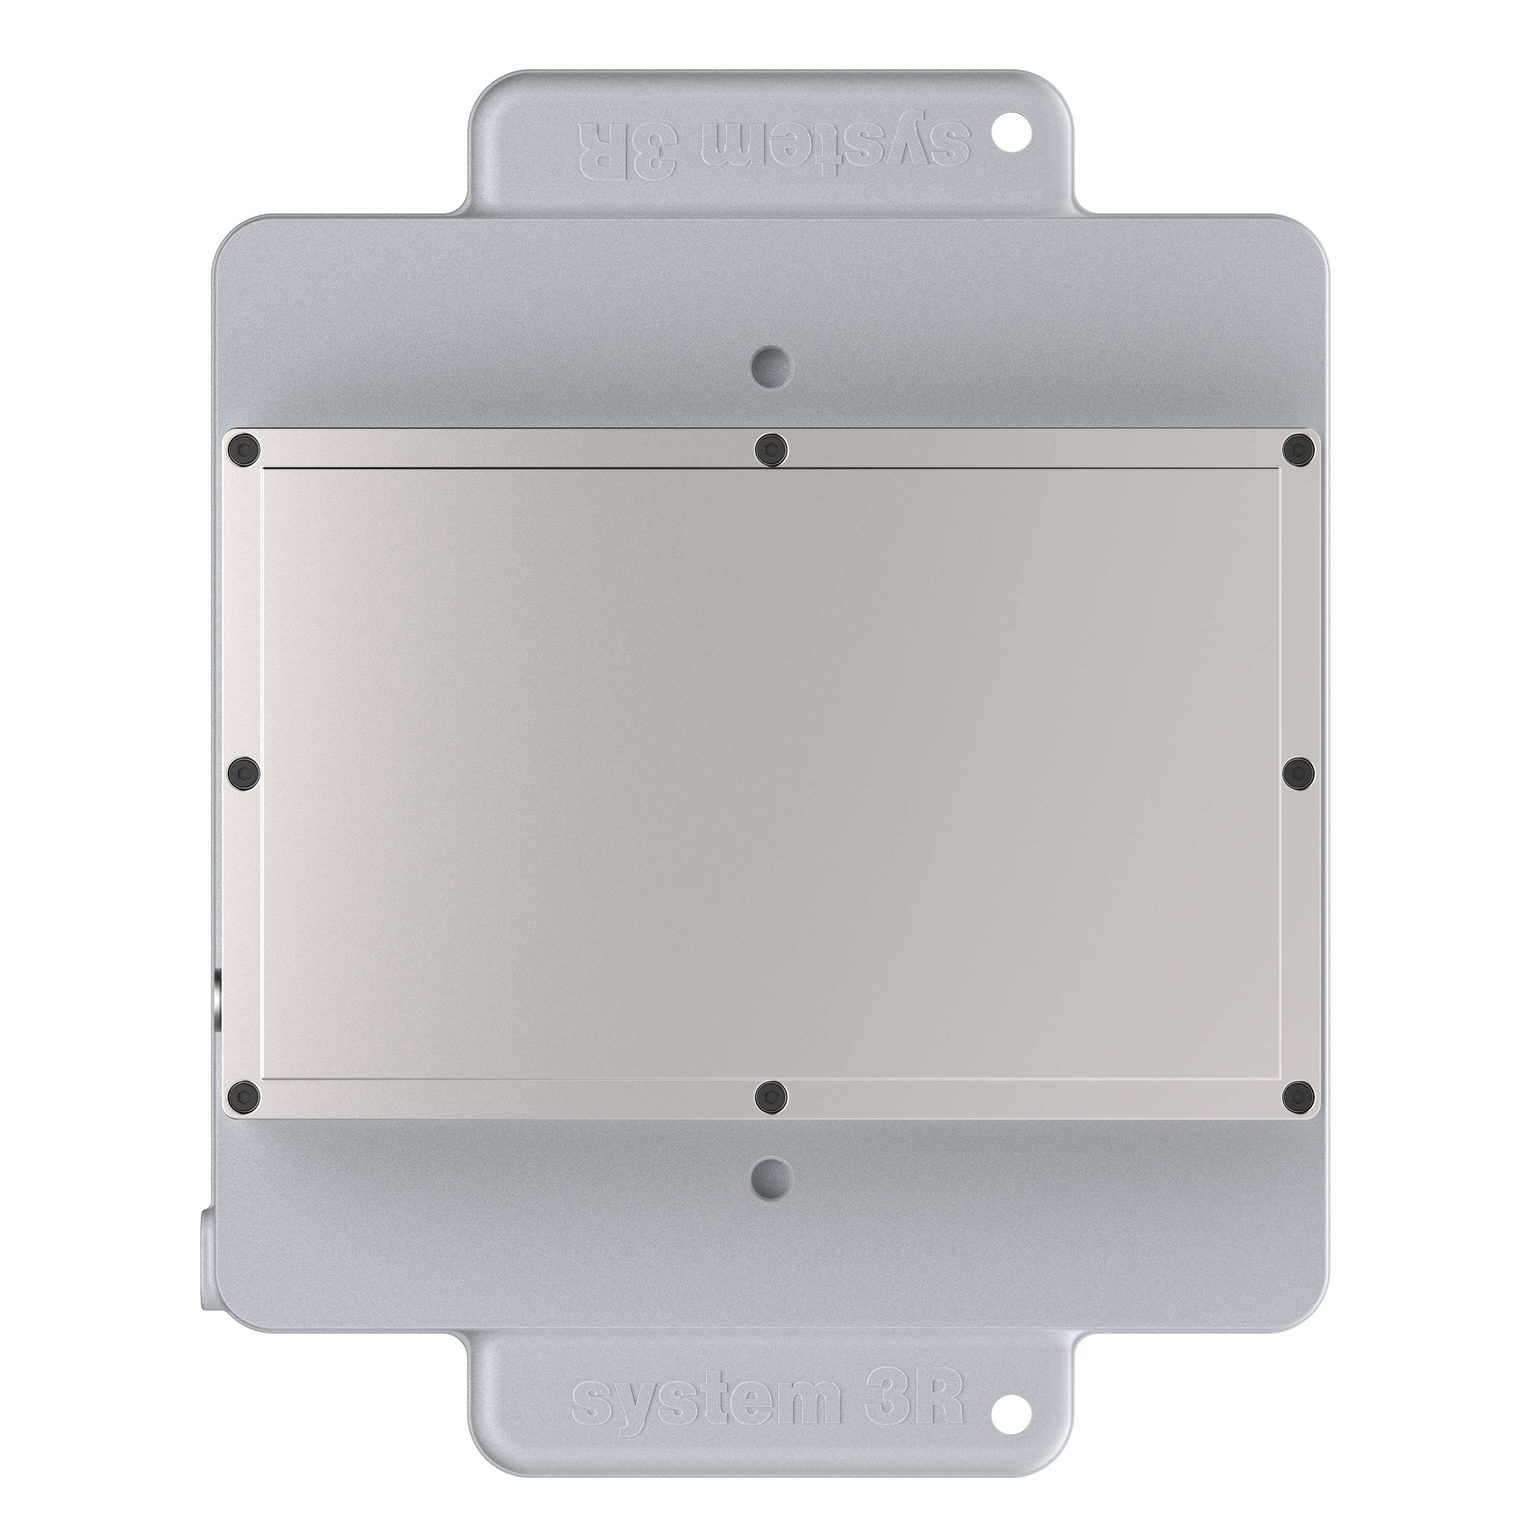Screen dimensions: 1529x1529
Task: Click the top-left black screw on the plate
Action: point(243,450)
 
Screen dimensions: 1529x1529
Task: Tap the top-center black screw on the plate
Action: point(772,450)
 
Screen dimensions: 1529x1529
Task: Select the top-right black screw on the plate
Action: point(1299,450)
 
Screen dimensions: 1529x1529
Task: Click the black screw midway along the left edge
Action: point(243,770)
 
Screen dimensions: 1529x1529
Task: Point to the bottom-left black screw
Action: point(243,1095)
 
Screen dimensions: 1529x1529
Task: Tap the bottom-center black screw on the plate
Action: point(772,1095)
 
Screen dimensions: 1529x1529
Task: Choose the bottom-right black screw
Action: point(1299,1095)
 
